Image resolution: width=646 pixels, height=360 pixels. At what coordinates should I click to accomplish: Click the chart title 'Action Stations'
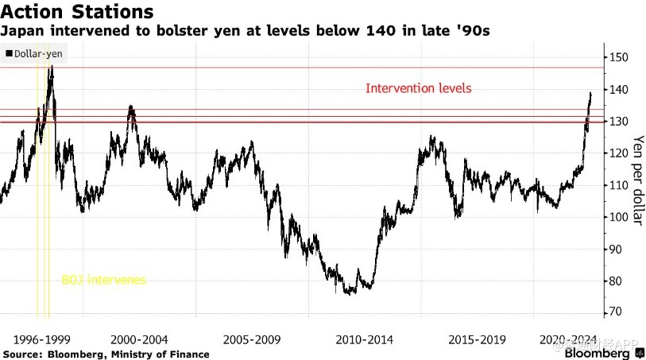pyautogui.click(x=76, y=13)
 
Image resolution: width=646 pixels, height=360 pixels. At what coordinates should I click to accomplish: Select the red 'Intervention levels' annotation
pyautogui.click(x=418, y=88)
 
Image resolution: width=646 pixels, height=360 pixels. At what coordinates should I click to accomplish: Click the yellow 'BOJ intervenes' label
pyautogui.click(x=104, y=280)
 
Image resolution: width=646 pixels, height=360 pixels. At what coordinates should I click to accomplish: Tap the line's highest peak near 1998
pyautogui.click(x=52, y=67)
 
